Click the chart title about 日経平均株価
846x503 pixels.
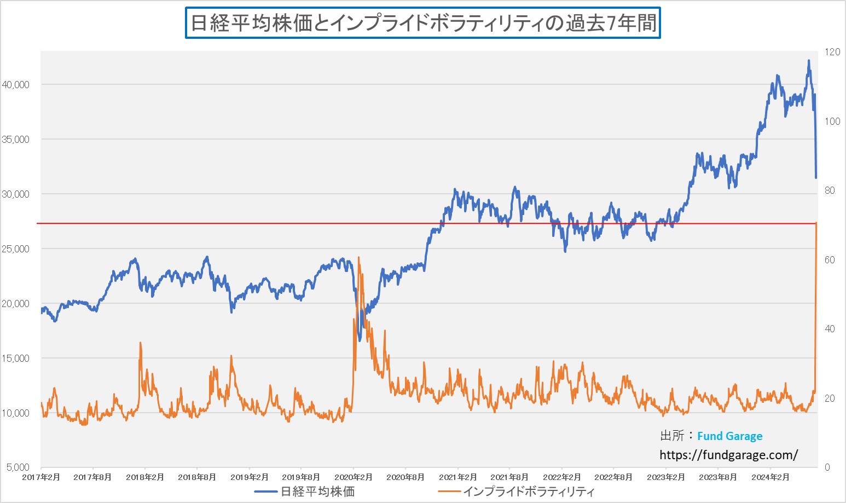click(422, 23)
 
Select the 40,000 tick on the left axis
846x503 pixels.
click(16, 85)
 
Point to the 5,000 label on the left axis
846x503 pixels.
click(18, 467)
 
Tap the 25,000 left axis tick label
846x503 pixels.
click(16, 249)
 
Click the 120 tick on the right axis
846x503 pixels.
click(832, 52)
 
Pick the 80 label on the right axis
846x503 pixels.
click(830, 190)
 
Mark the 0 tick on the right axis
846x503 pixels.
click(827, 467)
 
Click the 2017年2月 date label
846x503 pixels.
click(41, 477)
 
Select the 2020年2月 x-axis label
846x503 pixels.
click(354, 477)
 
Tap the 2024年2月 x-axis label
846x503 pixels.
click(770, 477)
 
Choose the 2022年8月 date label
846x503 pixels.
click(613, 477)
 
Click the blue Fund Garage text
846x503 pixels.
click(729, 436)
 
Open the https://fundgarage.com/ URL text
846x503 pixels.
click(728, 455)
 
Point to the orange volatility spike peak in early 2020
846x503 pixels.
click(358, 257)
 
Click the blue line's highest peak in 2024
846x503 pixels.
click(809, 61)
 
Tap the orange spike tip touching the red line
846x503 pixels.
click(816, 223)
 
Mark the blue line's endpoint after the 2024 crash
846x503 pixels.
click(816, 177)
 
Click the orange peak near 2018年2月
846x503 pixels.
click(140, 343)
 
